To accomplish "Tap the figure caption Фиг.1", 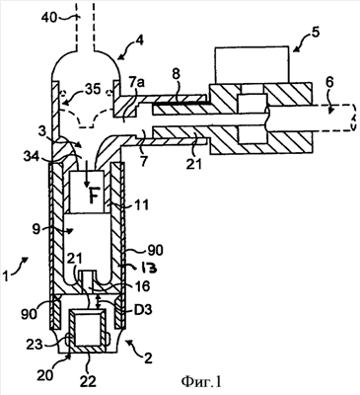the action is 201,382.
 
